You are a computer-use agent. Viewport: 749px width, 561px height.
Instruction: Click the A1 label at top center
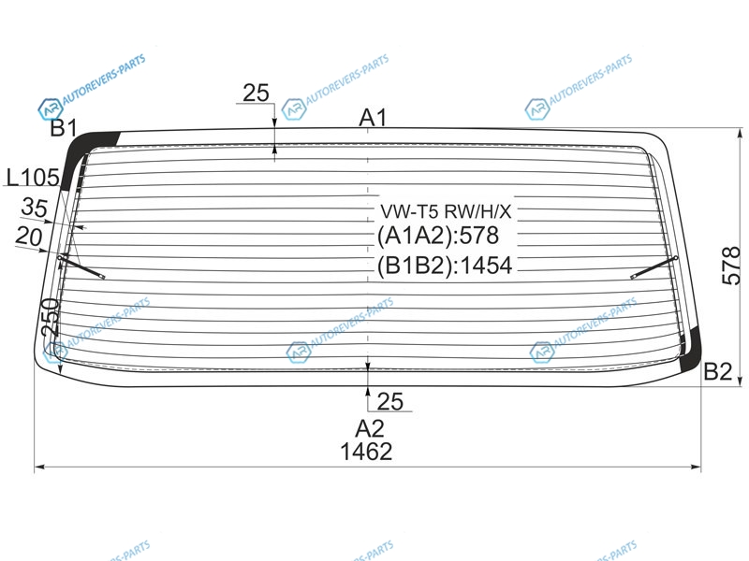[372, 118]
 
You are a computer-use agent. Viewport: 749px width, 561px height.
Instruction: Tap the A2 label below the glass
[369, 429]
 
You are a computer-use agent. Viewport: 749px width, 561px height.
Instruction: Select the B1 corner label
[64, 128]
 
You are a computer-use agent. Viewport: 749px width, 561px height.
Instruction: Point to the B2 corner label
[718, 370]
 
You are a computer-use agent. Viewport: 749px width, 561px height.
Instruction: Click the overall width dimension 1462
[366, 452]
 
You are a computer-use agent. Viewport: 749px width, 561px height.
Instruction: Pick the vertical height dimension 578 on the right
[730, 266]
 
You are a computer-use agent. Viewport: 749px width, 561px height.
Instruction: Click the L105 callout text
[33, 178]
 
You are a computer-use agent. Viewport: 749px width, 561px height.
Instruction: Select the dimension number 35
[35, 208]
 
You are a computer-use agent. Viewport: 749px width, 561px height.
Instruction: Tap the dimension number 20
[29, 237]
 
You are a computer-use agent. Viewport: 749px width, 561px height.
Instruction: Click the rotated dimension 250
[51, 317]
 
